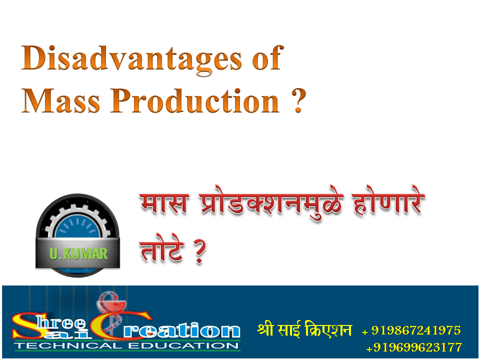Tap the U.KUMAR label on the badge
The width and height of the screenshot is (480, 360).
click(x=78, y=253)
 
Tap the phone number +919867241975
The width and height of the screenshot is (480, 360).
click(x=411, y=330)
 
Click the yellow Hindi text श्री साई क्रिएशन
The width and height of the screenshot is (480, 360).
click(x=304, y=330)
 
